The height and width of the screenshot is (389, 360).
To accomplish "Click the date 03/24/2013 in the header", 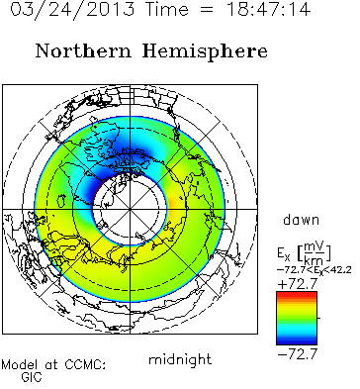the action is [x=72, y=9].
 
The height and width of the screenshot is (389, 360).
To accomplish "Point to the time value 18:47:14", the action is [x=268, y=9].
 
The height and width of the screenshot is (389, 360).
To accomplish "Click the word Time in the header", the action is [x=167, y=9].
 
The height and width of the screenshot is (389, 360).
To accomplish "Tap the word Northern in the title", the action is [x=83, y=51].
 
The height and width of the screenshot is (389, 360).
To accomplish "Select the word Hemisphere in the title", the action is [x=205, y=52].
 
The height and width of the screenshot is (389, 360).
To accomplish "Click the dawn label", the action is [x=301, y=220].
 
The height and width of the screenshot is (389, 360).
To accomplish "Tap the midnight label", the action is [x=180, y=359].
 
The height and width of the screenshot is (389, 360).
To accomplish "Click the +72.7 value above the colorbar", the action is [x=297, y=284].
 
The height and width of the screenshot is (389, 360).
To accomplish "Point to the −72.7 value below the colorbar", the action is [x=297, y=354].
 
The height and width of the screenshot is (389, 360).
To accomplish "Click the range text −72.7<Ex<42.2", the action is [x=314, y=270].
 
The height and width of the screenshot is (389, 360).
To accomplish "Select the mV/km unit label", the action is [x=315, y=253].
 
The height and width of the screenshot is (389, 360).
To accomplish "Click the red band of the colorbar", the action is [x=297, y=294].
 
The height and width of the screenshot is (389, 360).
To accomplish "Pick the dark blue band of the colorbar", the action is [x=297, y=341].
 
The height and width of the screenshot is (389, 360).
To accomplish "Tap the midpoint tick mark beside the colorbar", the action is [x=318, y=318].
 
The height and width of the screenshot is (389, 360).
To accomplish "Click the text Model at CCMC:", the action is [x=53, y=365].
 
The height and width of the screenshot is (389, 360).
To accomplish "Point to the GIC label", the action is [x=32, y=377].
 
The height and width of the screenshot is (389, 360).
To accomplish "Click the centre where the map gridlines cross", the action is [x=130, y=209].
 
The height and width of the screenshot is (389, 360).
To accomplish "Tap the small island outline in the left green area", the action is [x=61, y=201].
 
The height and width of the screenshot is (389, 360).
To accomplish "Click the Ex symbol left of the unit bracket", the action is [x=284, y=253].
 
